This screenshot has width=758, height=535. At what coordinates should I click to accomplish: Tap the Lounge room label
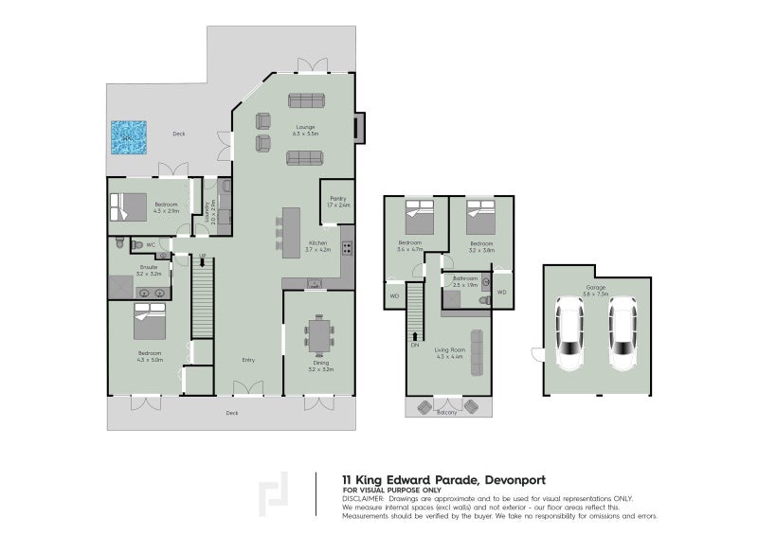(x=305, y=127)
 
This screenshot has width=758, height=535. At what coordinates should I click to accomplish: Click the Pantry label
(x=337, y=199)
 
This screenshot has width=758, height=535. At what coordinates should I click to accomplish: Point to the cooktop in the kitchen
(x=347, y=250)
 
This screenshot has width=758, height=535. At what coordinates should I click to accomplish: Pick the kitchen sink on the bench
(x=314, y=282)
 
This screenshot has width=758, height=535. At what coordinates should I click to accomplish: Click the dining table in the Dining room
(x=319, y=334)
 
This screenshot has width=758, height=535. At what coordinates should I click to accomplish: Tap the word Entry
(x=248, y=360)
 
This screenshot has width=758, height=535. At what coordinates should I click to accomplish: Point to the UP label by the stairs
(x=202, y=258)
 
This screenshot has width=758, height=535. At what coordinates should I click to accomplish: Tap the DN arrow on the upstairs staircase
(x=414, y=346)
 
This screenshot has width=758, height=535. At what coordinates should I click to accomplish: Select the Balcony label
(x=446, y=412)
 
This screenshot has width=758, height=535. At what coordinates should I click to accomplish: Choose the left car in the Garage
(x=568, y=335)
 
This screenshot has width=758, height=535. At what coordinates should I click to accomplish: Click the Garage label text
(x=595, y=287)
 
